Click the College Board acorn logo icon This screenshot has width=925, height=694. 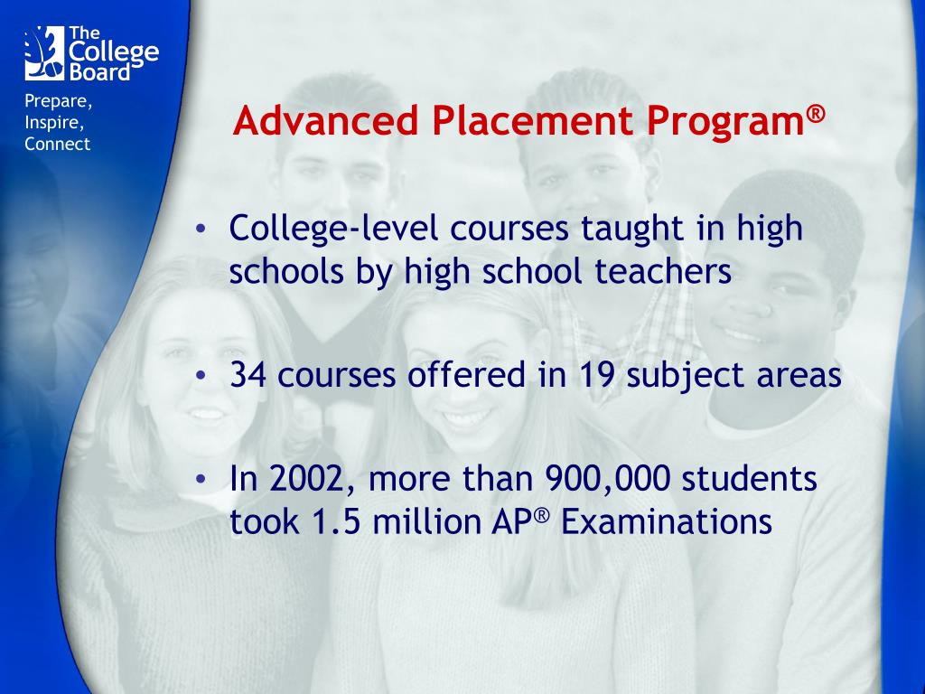coord(43,52)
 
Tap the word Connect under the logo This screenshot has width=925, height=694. coord(58,145)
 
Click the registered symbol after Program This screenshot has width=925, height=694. coord(816,113)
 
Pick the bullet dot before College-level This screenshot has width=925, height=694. coord(202,230)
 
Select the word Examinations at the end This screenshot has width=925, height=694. coord(668,522)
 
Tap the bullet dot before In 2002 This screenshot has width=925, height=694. coord(202,479)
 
